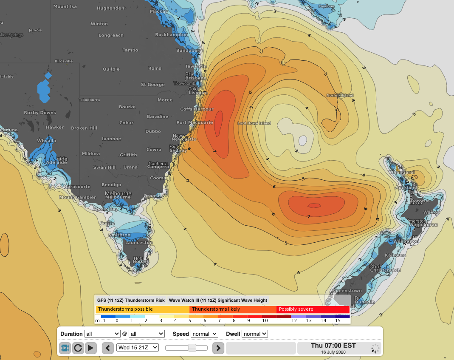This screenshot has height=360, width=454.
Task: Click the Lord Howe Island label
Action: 254,123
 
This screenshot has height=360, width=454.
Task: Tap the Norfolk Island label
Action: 340,96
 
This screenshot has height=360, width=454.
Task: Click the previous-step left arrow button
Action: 108,348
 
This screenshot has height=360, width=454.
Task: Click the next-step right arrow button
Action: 218,348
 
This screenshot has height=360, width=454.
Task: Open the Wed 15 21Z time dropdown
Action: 138,348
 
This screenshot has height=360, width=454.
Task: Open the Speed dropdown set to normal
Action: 204,334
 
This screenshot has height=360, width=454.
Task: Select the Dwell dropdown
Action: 255,334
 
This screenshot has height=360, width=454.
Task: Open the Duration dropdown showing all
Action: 102,334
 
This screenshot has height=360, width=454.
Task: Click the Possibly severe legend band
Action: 313,309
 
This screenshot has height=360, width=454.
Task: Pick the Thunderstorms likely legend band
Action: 233,309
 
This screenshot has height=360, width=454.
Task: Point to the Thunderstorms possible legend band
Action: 142,309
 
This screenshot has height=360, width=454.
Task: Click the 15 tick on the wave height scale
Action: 338,320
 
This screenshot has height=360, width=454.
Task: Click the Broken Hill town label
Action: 84,128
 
